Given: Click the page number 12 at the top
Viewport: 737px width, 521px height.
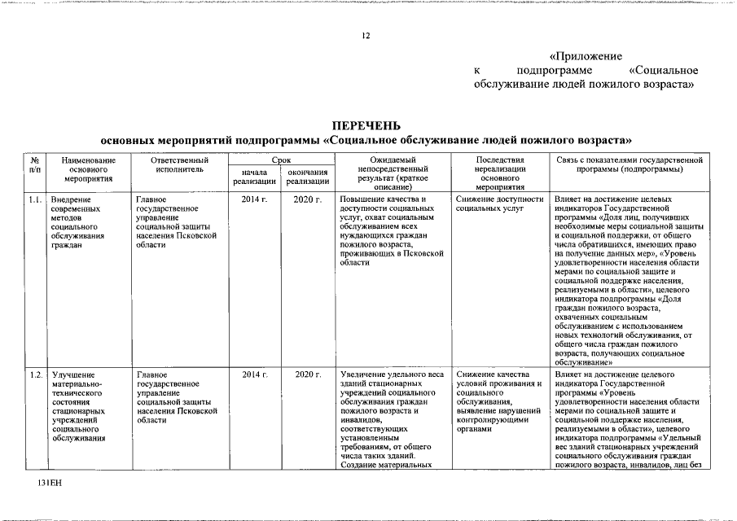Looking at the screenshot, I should tap(367, 36).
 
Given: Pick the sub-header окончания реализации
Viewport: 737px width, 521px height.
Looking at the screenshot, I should tap(307, 177).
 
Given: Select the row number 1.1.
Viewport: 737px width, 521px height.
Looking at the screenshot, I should tap(35, 199).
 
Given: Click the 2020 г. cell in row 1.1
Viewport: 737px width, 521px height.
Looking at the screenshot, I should tap(307, 199).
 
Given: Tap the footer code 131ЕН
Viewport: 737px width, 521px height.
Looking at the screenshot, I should tap(49, 484).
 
